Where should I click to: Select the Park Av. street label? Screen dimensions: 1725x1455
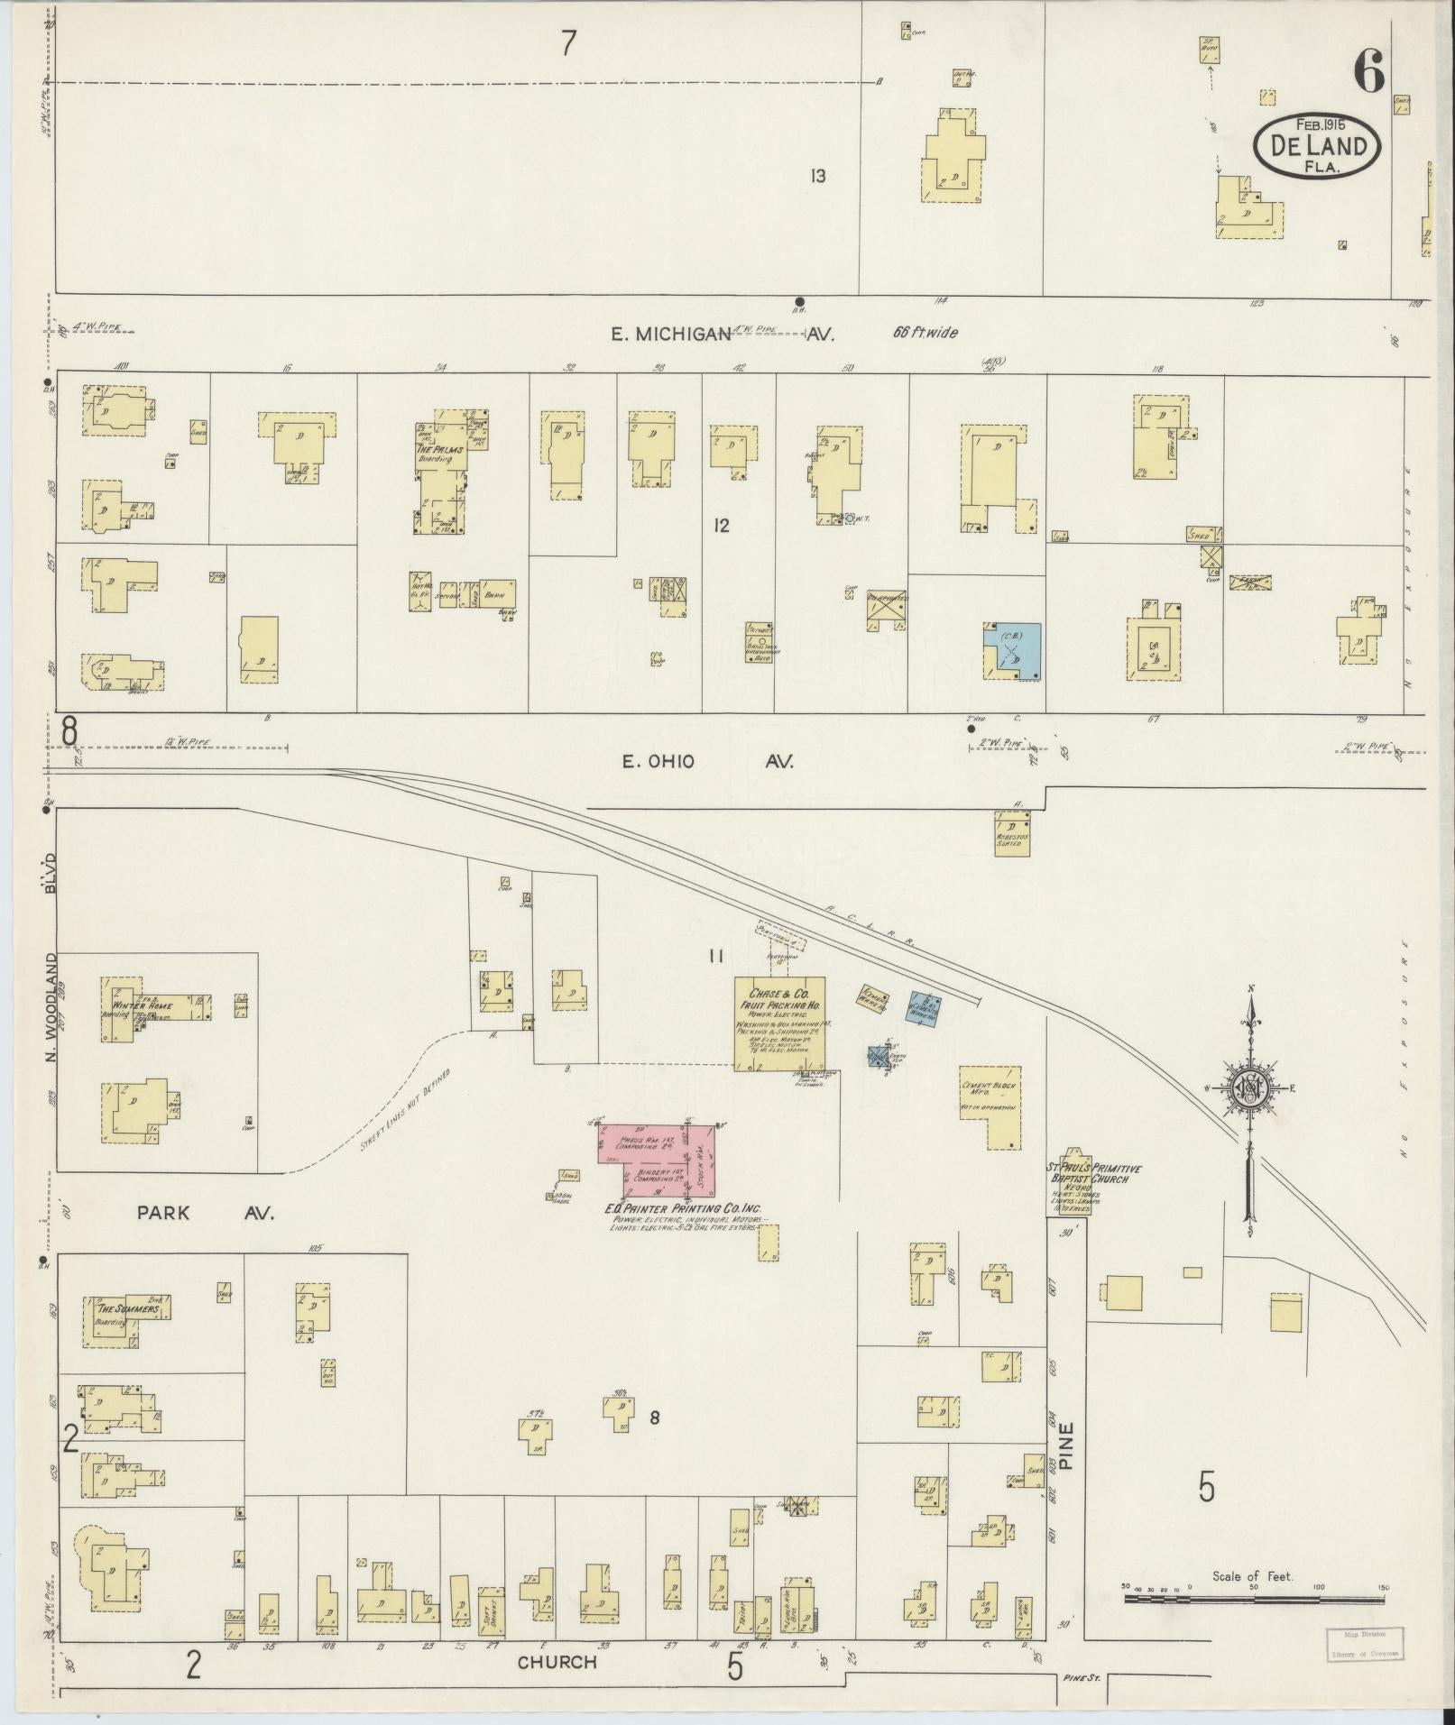point(205,1213)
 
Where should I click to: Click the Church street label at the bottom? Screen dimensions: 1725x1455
point(557,1662)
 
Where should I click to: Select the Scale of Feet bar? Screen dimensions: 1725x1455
point(1254,1600)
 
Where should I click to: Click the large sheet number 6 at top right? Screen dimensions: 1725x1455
point(1368,72)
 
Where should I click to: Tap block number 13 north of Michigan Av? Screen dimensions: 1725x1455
point(817,176)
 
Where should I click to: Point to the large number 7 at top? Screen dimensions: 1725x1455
point(568,43)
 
